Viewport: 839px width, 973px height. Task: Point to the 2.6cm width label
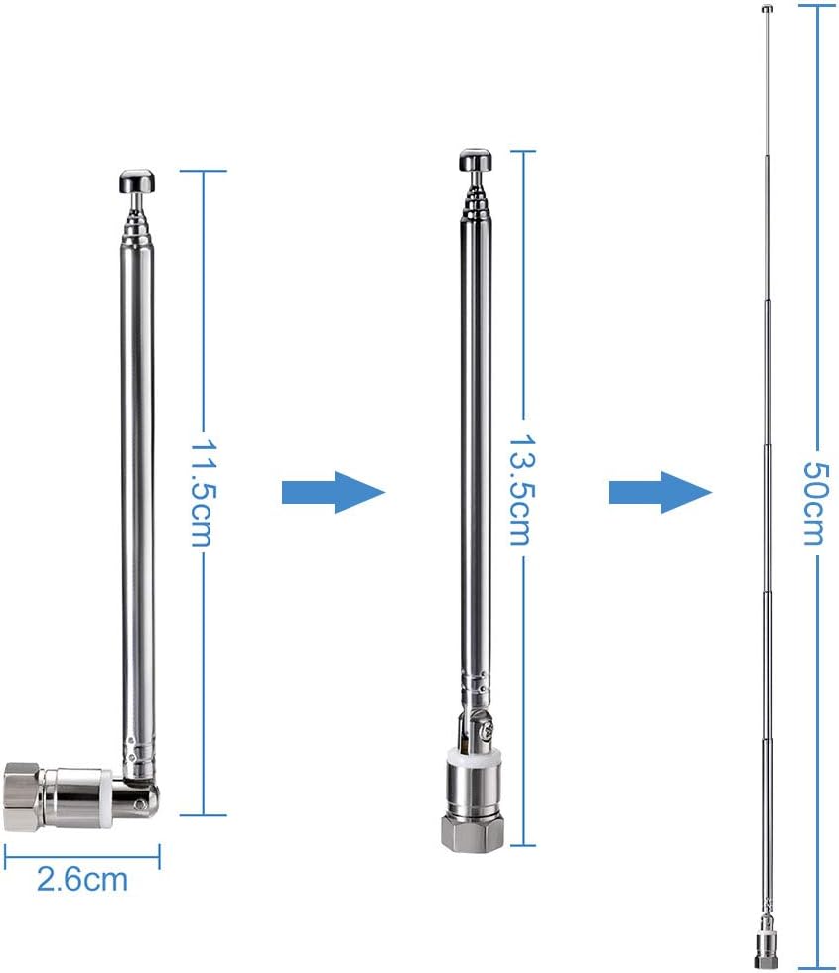click(82, 879)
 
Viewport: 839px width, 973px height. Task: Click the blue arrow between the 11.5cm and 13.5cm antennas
click(333, 492)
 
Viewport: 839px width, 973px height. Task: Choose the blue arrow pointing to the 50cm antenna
click(659, 492)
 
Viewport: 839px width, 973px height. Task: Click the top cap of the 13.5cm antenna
click(475, 161)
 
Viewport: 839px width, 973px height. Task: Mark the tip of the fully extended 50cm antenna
click(768, 10)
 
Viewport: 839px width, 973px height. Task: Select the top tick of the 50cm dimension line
click(814, 6)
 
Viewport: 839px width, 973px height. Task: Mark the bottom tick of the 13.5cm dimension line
click(522, 846)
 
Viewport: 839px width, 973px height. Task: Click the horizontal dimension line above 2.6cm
click(81, 850)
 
